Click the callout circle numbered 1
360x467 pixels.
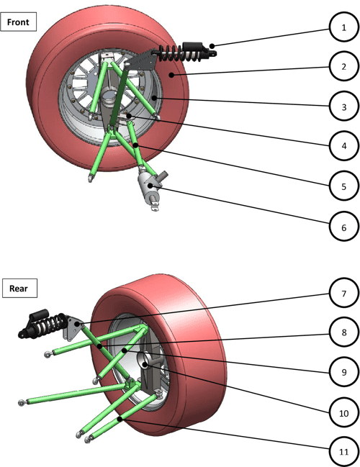[344, 27]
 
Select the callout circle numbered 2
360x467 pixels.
[344, 67]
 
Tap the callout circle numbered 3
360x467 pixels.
[344, 106]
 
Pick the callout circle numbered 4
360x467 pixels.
[344, 146]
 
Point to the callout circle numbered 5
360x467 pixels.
[344, 186]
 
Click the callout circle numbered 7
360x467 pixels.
[344, 295]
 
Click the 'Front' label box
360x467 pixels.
[19, 22]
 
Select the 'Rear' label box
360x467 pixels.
[19, 289]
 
